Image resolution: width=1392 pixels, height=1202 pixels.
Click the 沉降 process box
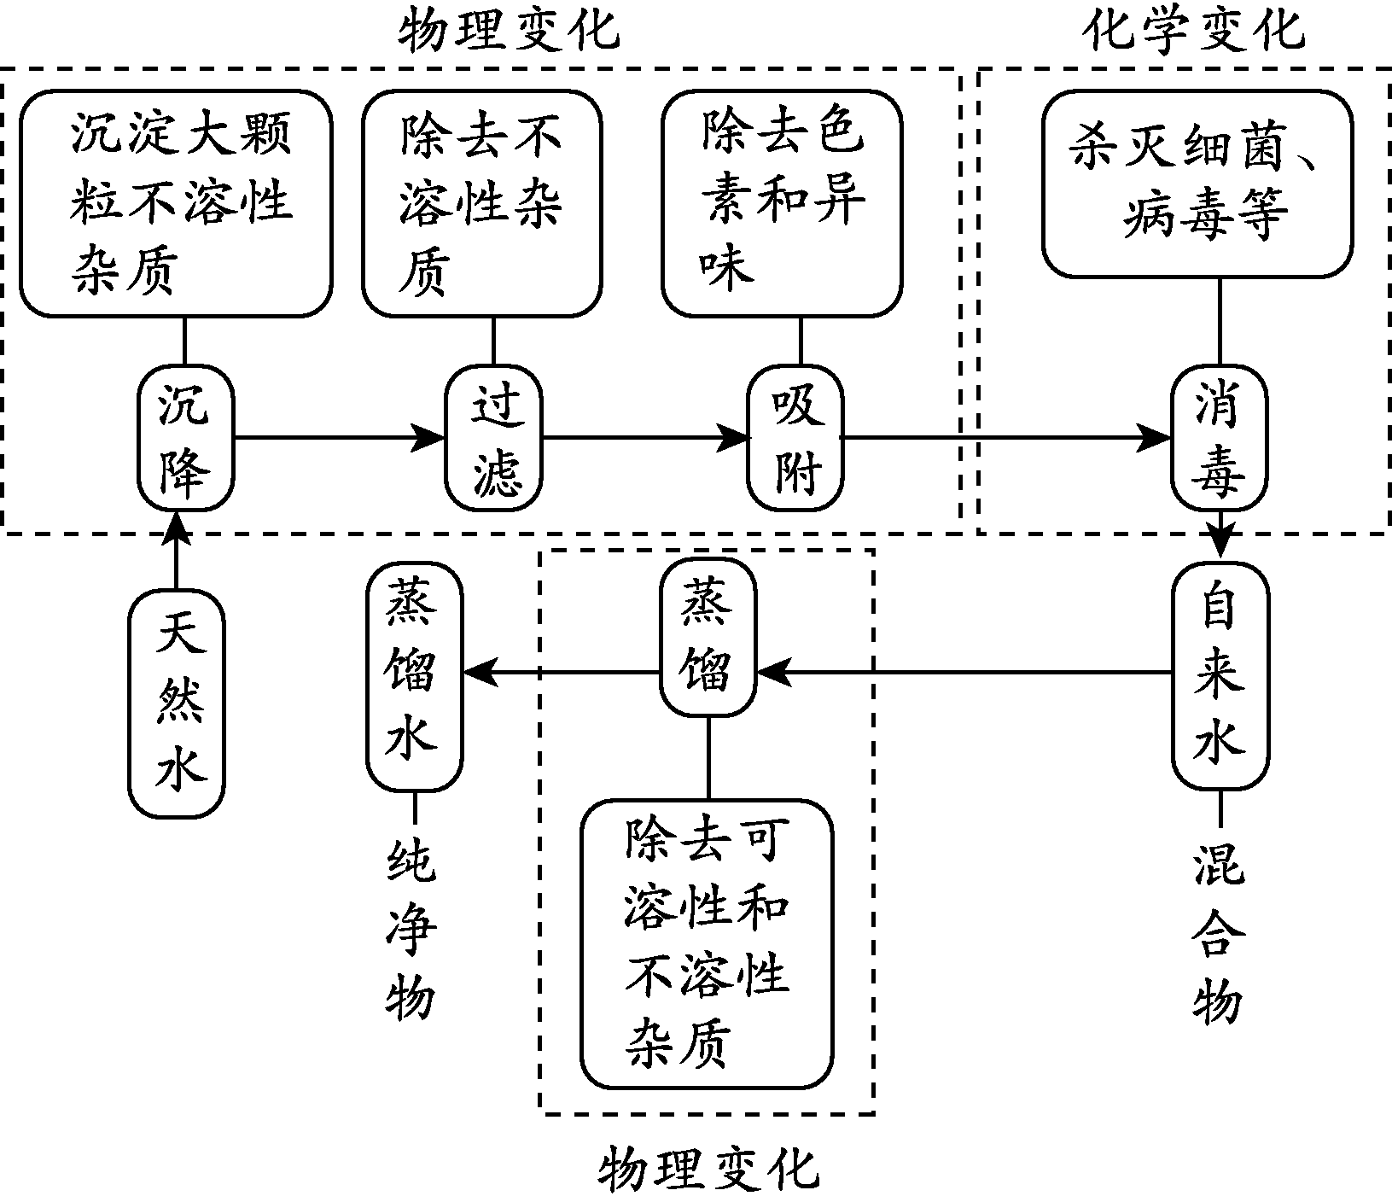point(185,438)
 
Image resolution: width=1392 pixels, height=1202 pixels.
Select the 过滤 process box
point(493,438)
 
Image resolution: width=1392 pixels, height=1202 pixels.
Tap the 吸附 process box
point(795,438)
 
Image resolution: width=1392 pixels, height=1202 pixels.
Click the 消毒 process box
point(1218,438)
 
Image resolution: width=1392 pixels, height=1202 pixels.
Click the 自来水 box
point(1219,674)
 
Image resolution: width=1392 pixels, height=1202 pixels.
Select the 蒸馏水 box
point(414,674)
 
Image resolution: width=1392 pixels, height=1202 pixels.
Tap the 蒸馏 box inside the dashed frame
point(708,642)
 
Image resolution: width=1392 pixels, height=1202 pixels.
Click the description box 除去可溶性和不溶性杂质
point(707,944)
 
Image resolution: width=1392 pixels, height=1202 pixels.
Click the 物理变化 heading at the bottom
point(707,1169)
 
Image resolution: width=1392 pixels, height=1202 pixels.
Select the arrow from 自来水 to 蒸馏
point(964,673)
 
